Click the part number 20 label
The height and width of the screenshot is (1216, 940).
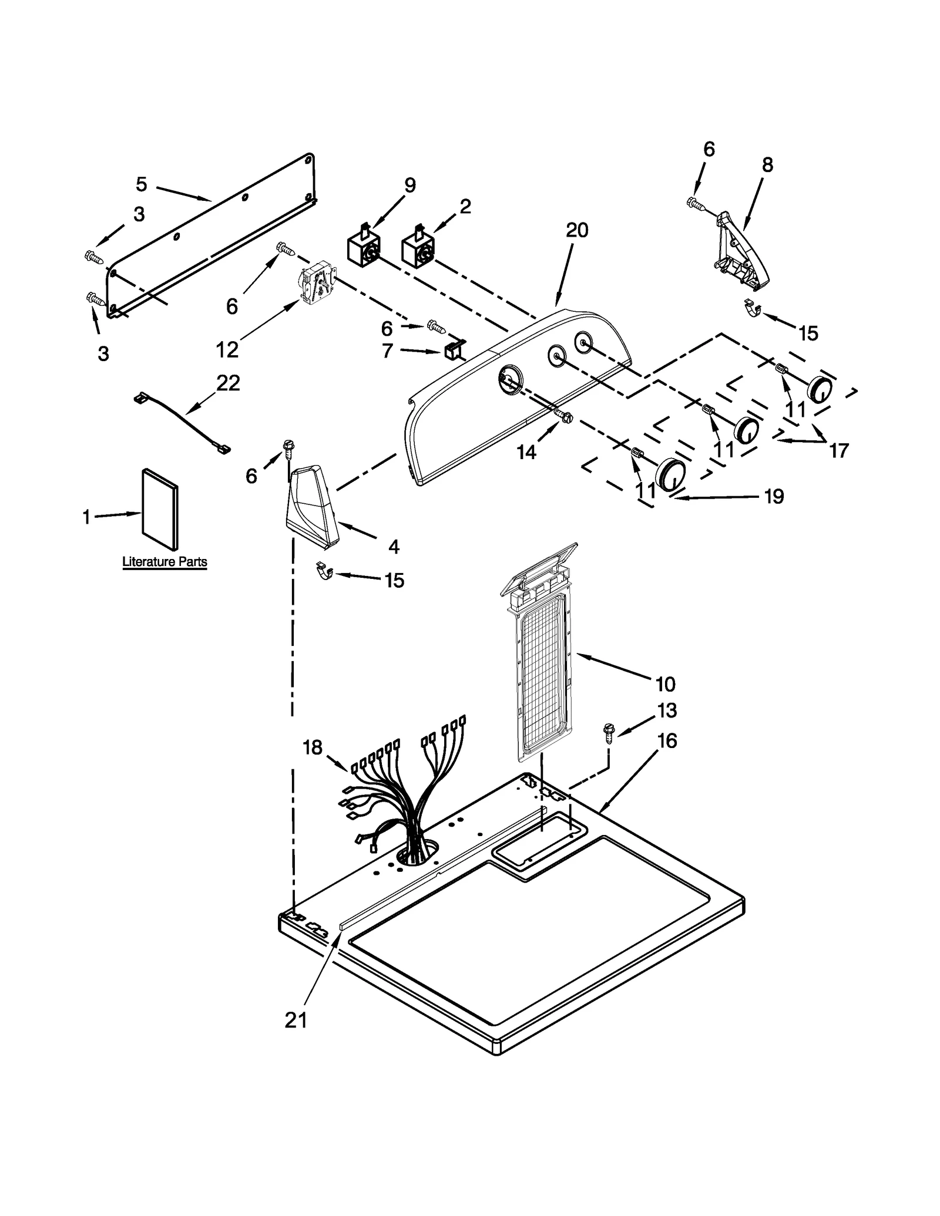576,230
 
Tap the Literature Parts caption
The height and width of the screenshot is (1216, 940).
164,562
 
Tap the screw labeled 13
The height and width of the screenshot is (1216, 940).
609,733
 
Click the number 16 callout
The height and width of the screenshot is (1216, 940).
667,741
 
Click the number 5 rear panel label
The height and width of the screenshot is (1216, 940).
141,184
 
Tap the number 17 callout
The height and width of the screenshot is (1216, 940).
839,450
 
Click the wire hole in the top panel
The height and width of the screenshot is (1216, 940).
417,852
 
